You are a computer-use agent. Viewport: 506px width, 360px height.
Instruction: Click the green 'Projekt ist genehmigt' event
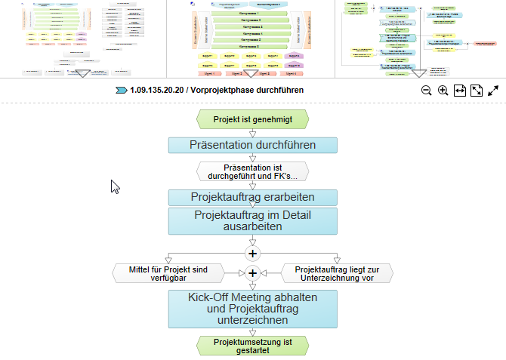pyautogui.click(x=252, y=119)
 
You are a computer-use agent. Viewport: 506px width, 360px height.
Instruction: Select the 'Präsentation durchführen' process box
pyautogui.click(x=252, y=145)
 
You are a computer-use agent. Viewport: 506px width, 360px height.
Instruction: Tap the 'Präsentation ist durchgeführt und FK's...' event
pyautogui.click(x=252, y=171)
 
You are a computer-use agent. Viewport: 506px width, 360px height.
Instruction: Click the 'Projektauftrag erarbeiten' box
pyautogui.click(x=252, y=197)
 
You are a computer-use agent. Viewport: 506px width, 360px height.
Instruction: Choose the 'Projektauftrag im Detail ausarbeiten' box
pyautogui.click(x=252, y=220)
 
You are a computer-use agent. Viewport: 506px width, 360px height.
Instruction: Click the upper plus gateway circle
pyautogui.click(x=252, y=252)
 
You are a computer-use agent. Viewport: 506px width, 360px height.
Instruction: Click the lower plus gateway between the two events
pyautogui.click(x=252, y=272)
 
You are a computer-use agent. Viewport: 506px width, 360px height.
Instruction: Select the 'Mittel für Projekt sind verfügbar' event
pyautogui.click(x=168, y=272)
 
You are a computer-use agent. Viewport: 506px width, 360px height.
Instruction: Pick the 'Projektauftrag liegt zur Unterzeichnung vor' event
pyautogui.click(x=337, y=272)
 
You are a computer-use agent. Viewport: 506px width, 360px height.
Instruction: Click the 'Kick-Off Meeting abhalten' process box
pyautogui.click(x=252, y=309)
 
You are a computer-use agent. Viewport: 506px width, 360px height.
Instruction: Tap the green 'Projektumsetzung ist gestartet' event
pyautogui.click(x=252, y=345)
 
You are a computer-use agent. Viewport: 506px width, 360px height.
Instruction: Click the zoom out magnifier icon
pyautogui.click(x=427, y=91)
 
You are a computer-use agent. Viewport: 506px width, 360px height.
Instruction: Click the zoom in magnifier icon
pyautogui.click(x=443, y=91)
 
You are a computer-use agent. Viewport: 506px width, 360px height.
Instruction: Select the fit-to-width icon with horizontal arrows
pyautogui.click(x=460, y=91)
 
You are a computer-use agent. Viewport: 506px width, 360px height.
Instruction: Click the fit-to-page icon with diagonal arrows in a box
pyautogui.click(x=477, y=91)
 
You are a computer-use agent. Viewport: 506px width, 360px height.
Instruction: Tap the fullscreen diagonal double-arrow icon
pyautogui.click(x=493, y=91)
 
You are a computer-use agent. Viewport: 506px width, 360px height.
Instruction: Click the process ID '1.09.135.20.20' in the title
pyautogui.click(x=156, y=90)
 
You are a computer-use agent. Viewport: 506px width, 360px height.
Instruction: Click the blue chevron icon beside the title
pyautogui.click(x=121, y=90)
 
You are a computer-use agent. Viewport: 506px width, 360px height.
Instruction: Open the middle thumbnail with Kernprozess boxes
pyautogui.click(x=250, y=38)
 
